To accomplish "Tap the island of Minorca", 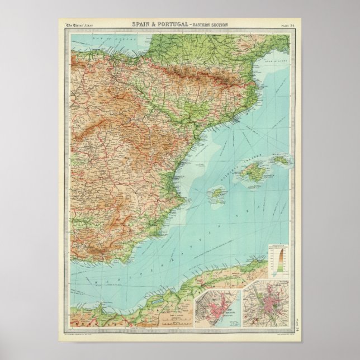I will point(283,160).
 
